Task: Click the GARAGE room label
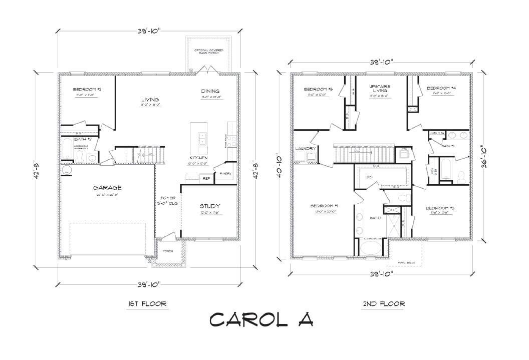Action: pyautogui.click(x=107, y=188)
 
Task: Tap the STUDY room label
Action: pyautogui.click(x=210, y=206)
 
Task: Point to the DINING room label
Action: pyautogui.click(x=210, y=91)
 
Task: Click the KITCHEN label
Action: pyautogui.click(x=195, y=158)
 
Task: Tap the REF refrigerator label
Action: pyautogui.click(x=205, y=178)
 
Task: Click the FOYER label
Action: pyautogui.click(x=167, y=198)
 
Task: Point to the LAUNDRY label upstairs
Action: pyautogui.click(x=306, y=149)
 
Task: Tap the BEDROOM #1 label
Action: pyautogui.click(x=324, y=206)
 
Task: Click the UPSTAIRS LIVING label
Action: pyautogui.click(x=380, y=89)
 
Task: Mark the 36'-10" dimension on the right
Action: pyautogui.click(x=483, y=157)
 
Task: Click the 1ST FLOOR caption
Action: pyautogui.click(x=147, y=303)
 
